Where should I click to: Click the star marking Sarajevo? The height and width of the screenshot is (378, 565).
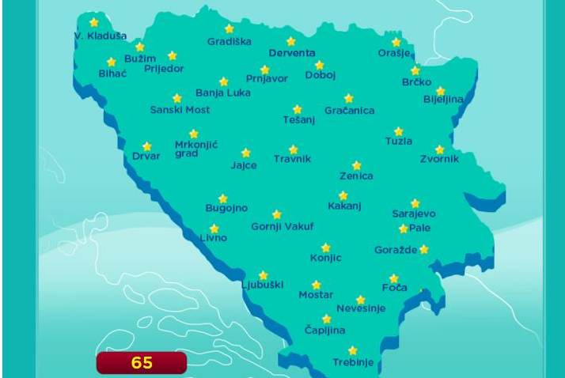415,203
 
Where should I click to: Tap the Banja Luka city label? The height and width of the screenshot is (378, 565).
223,93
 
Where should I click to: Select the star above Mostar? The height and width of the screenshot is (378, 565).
317,285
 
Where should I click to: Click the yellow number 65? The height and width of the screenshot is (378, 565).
142,363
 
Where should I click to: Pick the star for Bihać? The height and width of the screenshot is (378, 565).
111,62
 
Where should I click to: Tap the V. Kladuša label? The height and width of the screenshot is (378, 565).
100,36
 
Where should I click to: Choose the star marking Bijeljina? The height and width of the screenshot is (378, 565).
441,91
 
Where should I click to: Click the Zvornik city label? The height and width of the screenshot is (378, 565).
439,159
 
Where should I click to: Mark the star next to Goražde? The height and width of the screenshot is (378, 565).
424,249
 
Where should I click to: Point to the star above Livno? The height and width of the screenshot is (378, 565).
214,229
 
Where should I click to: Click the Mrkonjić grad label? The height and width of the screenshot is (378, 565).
195,149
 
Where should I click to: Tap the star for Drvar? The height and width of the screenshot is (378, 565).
146,146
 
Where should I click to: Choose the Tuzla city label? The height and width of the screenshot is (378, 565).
399,142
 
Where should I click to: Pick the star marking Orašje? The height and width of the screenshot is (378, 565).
396,42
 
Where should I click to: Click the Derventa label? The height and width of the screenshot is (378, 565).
292,53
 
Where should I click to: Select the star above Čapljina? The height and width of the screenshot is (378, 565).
326,319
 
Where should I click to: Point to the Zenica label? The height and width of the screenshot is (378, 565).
356,176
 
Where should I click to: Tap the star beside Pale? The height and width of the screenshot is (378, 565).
404,229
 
